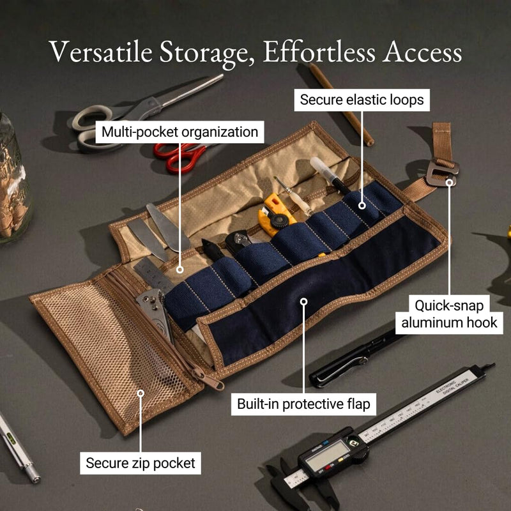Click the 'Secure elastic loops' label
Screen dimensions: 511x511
362,100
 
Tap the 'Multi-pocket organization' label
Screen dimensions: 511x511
179,132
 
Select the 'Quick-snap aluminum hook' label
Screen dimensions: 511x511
449,314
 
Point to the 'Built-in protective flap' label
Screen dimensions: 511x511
303,404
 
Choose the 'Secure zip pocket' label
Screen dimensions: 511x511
141,463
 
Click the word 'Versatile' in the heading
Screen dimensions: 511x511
101,52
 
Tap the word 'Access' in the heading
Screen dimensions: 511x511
422,52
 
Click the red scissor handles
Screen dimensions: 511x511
179,157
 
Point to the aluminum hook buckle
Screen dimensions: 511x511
442,172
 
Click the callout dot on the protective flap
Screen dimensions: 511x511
304,301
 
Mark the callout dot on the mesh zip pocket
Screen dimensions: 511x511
141,393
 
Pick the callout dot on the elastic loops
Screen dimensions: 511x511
362,205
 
